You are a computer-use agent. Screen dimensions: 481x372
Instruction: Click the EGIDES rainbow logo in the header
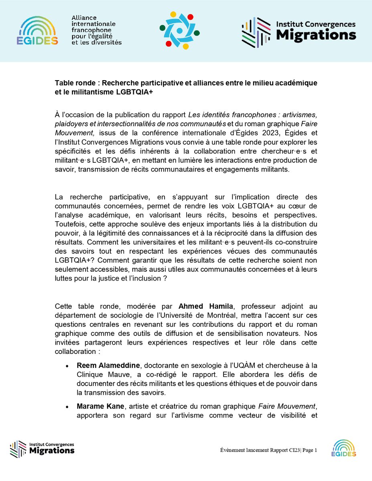[x=37, y=31]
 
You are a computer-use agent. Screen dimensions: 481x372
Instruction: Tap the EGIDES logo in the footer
[x=344, y=448]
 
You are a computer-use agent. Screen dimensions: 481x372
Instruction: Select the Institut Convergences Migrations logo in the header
[x=299, y=31]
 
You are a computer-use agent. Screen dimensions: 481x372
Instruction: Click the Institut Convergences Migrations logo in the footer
[x=42, y=449]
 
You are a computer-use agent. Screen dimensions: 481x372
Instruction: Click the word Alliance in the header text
[x=84, y=18]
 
